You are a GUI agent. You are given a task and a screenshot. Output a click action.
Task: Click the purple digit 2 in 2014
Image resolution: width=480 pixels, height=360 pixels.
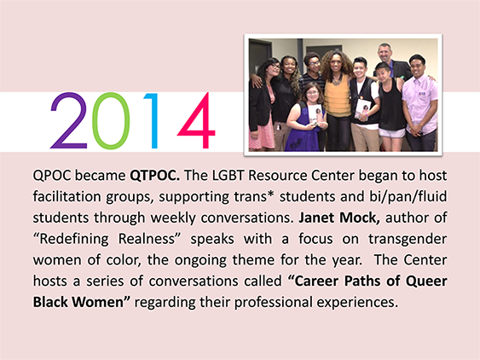point(70,121)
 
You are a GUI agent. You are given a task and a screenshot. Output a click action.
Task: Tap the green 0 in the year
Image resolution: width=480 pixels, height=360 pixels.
point(111,121)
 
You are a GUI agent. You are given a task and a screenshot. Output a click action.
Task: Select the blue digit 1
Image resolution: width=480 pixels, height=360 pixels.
point(152,121)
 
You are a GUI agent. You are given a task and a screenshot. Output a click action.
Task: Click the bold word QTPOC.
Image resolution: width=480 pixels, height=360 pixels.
point(155,176)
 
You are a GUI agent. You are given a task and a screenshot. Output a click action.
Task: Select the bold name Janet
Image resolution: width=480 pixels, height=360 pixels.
point(316,218)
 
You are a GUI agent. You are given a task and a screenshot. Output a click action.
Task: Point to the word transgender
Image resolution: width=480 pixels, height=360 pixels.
point(408,239)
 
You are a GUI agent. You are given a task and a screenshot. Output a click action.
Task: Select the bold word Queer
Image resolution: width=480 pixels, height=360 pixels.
point(426,282)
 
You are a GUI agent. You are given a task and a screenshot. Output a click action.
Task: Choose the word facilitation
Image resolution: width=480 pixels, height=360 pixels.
point(67,197)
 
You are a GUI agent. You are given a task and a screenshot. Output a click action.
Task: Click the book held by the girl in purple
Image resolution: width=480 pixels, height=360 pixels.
point(315,114)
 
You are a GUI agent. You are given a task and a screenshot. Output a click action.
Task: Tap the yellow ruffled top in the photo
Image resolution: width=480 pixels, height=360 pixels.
point(338,96)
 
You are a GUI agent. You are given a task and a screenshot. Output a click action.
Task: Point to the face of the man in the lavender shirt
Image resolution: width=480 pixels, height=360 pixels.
point(417,67)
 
